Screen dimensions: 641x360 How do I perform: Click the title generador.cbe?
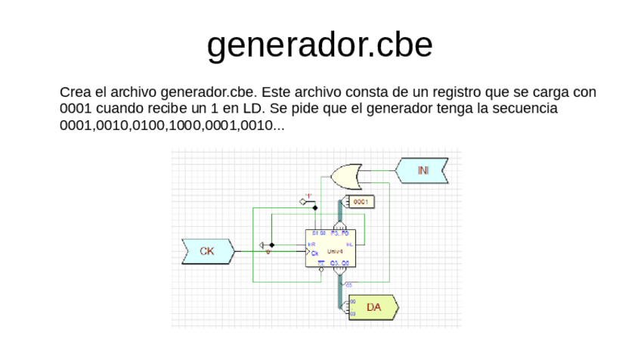click(320, 45)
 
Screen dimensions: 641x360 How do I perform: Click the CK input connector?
click(207, 251)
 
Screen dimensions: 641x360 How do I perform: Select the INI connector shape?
click(422, 171)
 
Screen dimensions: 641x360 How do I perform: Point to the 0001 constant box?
click(361, 202)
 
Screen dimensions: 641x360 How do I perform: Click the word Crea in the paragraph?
click(73, 92)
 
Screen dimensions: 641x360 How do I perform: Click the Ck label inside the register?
click(314, 253)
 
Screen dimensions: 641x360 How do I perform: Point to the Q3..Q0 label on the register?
click(339, 262)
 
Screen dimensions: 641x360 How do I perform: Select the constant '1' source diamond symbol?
click(305, 200)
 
